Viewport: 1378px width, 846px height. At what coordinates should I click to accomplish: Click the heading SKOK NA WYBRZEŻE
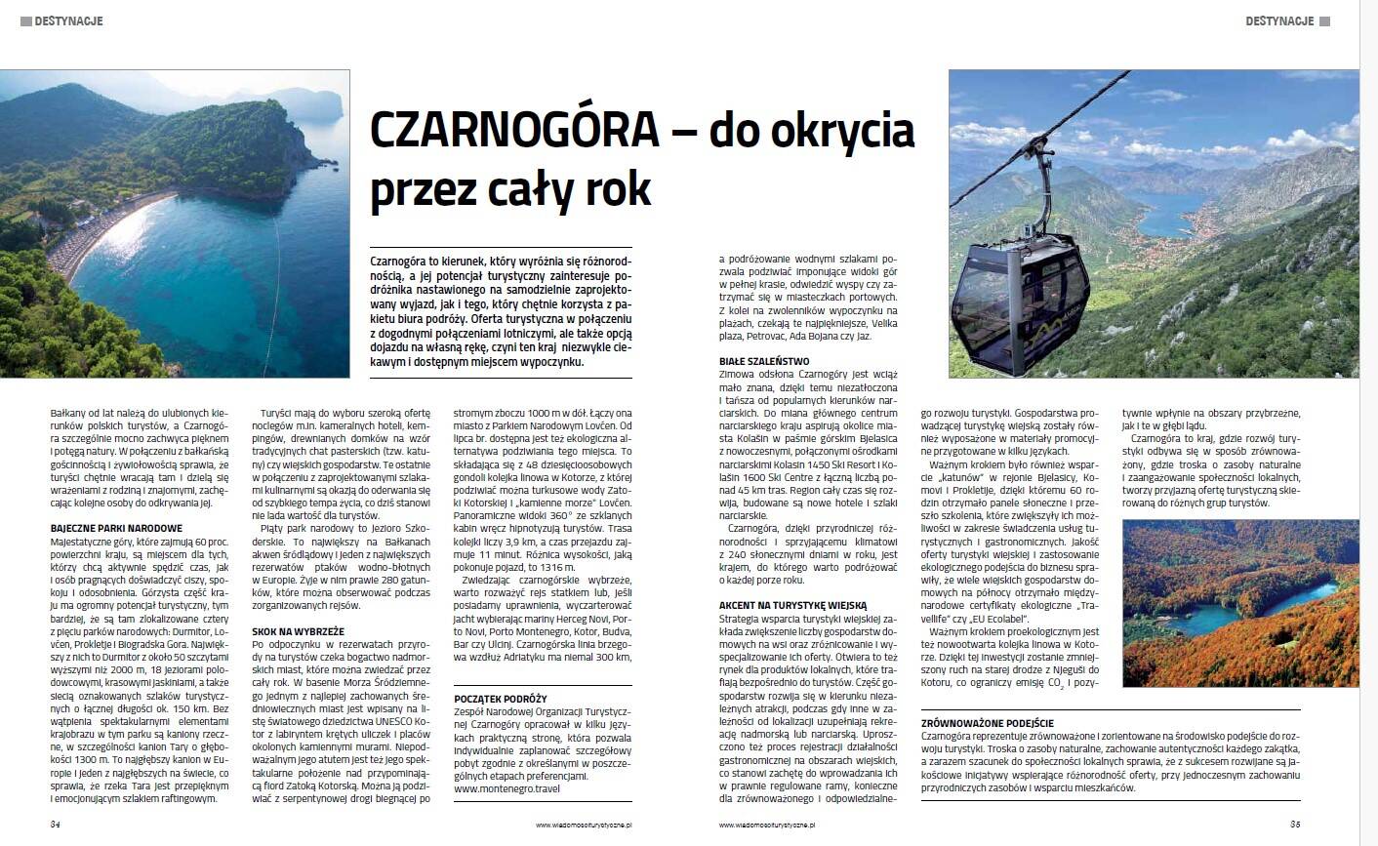click(x=298, y=631)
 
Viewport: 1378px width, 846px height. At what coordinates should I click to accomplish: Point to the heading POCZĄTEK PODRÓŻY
click(x=501, y=699)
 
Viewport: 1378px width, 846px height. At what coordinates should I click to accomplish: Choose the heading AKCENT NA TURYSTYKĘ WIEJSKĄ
click(x=792, y=605)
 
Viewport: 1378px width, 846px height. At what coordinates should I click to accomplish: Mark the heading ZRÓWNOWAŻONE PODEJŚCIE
click(x=987, y=723)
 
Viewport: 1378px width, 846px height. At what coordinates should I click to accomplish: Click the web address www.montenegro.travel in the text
click(x=507, y=788)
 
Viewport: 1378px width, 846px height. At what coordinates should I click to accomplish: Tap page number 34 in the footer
click(x=56, y=825)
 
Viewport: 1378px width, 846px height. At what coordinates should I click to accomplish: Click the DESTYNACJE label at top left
click(x=68, y=20)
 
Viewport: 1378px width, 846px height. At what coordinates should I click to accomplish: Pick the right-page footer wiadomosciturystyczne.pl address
click(x=767, y=826)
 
